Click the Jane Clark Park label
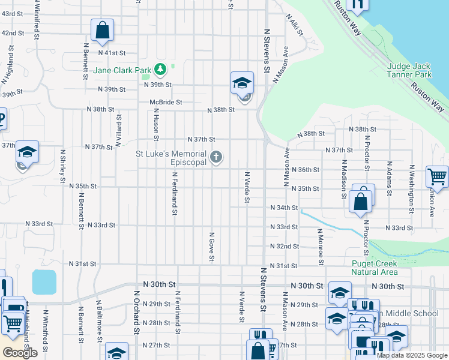point(122,70)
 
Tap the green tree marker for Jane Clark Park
point(160,70)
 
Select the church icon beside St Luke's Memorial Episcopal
point(216,158)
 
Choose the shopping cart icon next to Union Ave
point(436,177)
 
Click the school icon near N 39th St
point(243,83)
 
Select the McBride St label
point(166,102)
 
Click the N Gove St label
point(211,247)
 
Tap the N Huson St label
point(155,124)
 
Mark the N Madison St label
point(344,175)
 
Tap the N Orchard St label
point(136,312)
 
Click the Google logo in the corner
point(20,353)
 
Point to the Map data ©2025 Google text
point(411,355)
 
